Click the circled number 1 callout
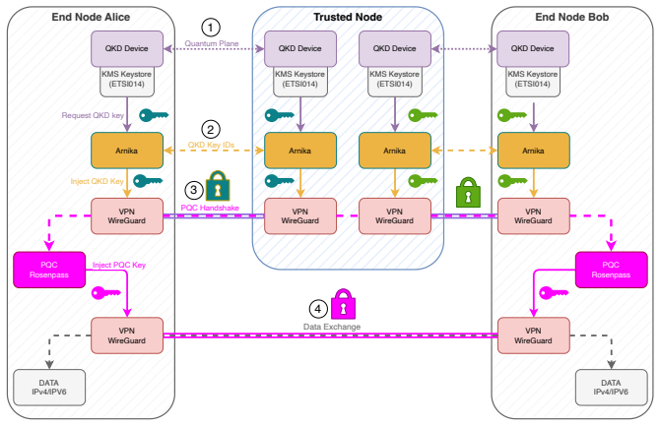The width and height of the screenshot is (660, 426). [x=211, y=28]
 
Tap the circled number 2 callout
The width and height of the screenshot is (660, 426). [x=211, y=129]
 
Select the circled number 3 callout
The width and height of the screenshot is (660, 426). [x=194, y=190]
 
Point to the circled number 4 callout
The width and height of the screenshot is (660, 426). [x=318, y=309]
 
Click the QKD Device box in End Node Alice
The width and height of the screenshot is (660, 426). [x=127, y=48]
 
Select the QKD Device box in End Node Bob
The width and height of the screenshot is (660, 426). [x=533, y=48]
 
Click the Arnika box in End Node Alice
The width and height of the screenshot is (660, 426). [x=127, y=151]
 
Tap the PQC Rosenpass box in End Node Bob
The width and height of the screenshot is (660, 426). [x=611, y=270]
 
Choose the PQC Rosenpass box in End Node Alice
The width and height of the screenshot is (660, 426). [x=49, y=270]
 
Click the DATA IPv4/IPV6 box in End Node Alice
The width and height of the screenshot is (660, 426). [x=49, y=388]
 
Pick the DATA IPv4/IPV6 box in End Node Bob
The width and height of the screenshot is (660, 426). [x=611, y=388]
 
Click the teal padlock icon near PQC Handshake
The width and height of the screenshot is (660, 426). [x=218, y=186]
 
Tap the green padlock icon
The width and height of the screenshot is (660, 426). [x=468, y=192]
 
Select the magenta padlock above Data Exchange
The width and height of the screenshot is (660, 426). [x=343, y=304]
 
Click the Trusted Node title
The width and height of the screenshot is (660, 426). [x=348, y=17]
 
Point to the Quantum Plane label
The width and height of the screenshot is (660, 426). [x=212, y=43]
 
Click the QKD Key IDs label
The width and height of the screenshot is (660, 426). [x=211, y=145]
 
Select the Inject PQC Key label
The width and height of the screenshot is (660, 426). [x=119, y=265]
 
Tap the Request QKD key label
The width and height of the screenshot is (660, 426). [x=93, y=115]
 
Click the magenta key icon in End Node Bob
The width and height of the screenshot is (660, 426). [x=554, y=292]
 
